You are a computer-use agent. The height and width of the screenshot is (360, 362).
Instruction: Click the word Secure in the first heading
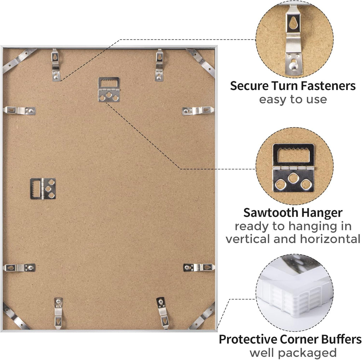249,86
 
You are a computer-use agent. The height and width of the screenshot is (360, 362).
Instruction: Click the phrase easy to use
293,100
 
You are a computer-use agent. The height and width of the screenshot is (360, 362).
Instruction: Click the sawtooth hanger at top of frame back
109,89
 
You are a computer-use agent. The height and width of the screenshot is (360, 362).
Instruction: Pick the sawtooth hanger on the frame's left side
43,189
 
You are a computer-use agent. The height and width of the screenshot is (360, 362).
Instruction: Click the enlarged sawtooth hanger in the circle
293,168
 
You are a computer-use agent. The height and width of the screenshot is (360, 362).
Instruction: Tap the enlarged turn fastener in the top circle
293,40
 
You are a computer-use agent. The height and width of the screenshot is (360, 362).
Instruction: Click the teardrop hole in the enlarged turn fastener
293,23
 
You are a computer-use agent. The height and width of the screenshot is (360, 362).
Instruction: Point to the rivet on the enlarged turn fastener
293,66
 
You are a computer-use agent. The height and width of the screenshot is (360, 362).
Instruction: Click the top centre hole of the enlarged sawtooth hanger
293,178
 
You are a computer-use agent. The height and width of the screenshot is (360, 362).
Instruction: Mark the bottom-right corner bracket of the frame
202,316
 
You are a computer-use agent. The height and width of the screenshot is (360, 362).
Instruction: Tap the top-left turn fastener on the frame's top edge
56,65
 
